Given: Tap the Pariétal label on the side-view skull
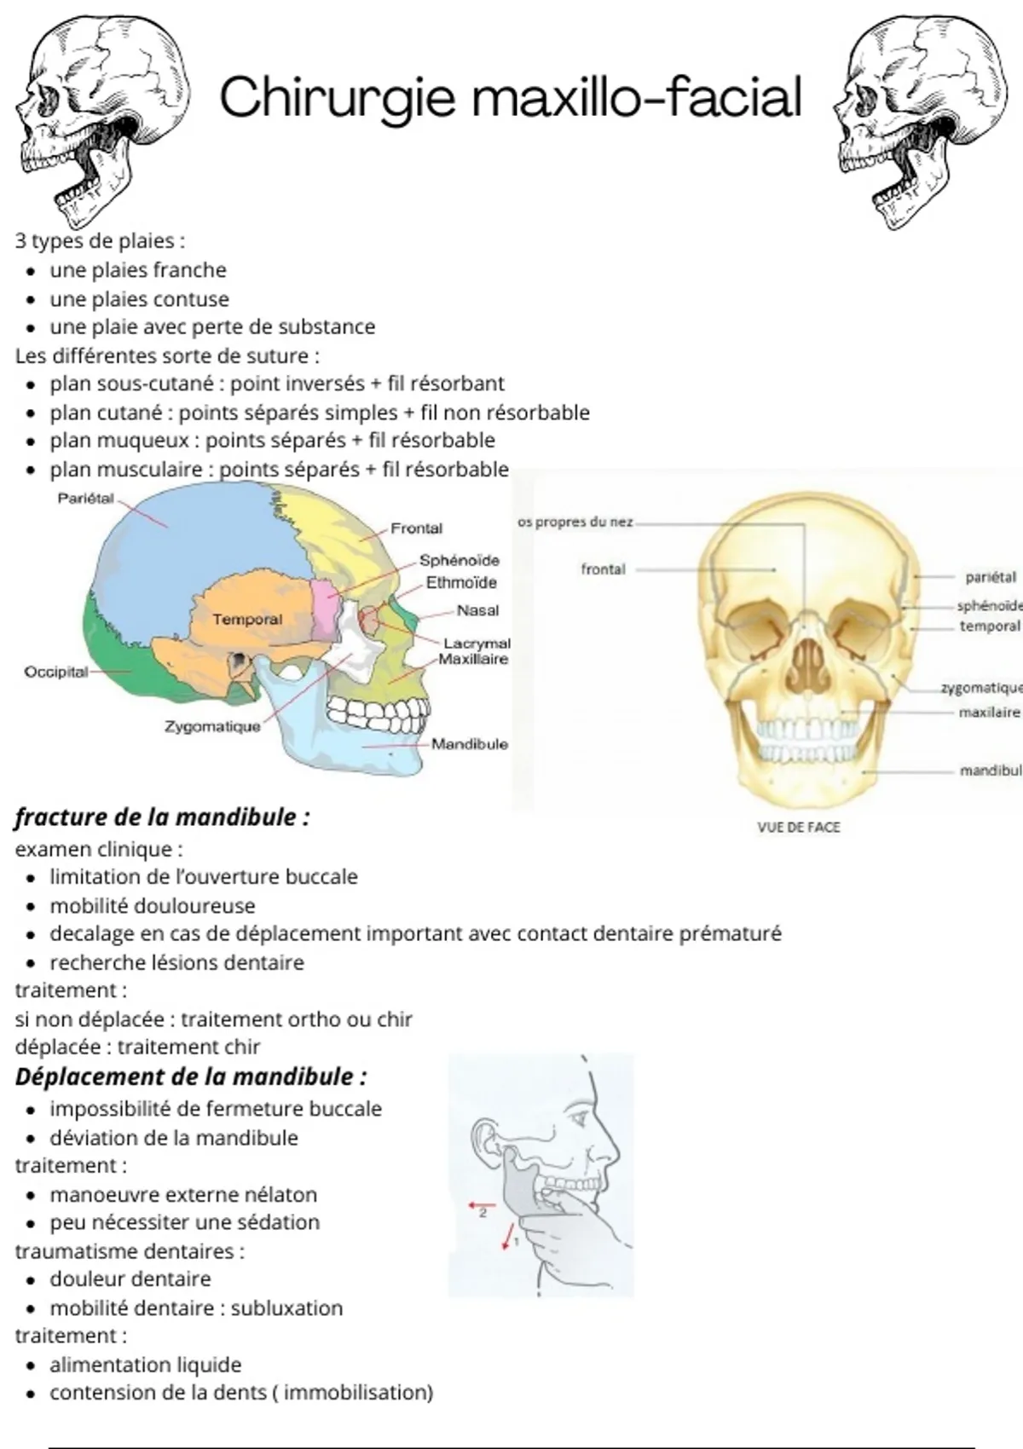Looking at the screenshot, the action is click(86, 498).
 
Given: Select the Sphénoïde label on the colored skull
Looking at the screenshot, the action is click(459, 560).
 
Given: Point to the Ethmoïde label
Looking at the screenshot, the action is click(461, 583).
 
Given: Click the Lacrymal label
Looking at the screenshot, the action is click(477, 644).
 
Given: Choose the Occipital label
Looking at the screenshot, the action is click(56, 673).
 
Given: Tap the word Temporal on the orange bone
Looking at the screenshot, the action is click(248, 619).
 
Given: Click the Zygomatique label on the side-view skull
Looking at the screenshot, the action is click(212, 726).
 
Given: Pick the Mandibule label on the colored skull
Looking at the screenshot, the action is click(469, 744).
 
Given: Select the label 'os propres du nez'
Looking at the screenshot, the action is click(575, 522).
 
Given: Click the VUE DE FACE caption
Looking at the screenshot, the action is click(799, 828).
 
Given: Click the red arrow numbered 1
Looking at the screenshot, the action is click(509, 1236).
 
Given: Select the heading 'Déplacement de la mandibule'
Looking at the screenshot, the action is click(191, 1077).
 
